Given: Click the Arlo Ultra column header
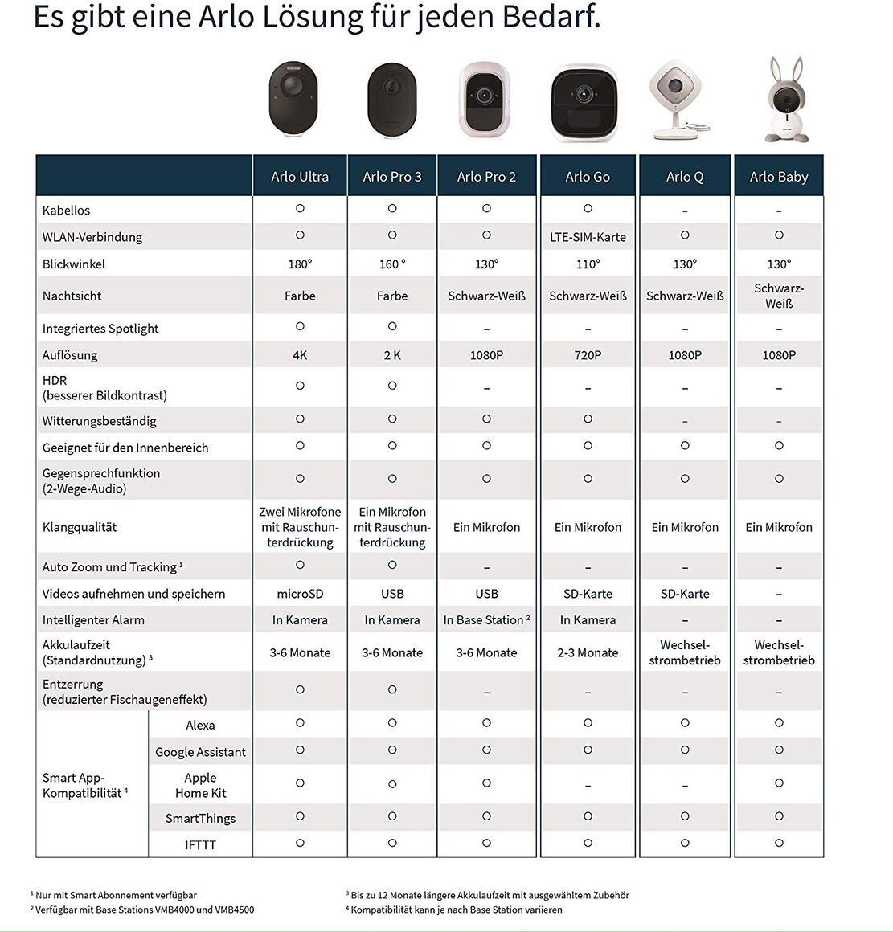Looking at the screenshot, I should [300, 177].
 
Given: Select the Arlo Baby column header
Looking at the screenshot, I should [778, 177].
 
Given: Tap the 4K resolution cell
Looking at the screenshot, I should [300, 355].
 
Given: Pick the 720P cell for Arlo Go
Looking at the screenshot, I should [588, 355].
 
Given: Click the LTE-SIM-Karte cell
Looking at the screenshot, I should [588, 237].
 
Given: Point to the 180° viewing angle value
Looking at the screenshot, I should [300, 264].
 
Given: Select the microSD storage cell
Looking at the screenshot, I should [300, 594].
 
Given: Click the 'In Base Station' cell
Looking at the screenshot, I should [486, 620].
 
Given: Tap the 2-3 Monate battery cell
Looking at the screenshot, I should [588, 652].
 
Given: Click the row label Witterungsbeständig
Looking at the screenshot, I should [100, 421].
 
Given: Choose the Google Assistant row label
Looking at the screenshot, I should [200, 752].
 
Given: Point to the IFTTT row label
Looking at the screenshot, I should [200, 844].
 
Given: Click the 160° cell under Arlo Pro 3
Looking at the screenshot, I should [392, 264].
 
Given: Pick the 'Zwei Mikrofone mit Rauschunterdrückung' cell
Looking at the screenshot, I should [300, 527].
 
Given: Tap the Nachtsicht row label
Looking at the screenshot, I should [72, 296].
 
